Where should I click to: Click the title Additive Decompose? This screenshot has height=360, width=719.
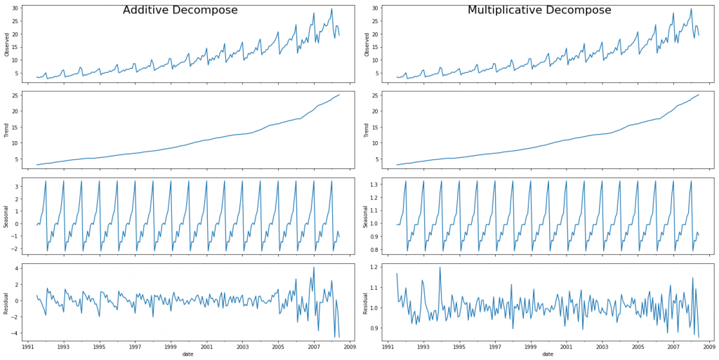[x=180, y=11]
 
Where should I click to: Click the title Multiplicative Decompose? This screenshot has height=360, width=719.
[x=539, y=11]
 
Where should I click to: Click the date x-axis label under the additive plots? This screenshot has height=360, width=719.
[x=188, y=354]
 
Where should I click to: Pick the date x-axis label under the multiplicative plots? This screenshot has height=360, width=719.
[x=548, y=354]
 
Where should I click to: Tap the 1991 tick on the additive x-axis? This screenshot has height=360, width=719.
[x=28, y=346]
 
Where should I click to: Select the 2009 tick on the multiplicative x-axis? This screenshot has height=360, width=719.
[x=708, y=346]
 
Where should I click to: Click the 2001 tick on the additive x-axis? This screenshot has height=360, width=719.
[x=206, y=346]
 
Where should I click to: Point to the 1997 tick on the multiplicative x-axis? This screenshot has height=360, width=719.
[x=495, y=346]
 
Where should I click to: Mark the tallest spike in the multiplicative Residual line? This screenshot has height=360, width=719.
[x=440, y=267]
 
